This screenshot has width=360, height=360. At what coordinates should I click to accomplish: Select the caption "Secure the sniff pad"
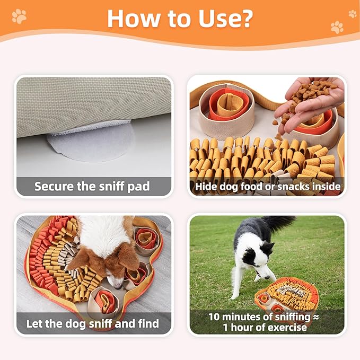coord(92,186)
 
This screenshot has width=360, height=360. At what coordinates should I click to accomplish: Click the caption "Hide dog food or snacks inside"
coord(267,186)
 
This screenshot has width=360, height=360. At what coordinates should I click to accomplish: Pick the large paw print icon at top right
coord(337,27)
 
